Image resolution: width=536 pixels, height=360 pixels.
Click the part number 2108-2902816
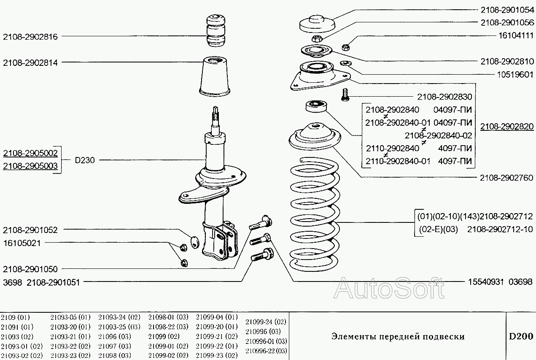[30, 37]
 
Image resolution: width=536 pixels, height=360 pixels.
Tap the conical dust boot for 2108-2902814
[215, 76]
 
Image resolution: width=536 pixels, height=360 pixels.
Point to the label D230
[85, 160]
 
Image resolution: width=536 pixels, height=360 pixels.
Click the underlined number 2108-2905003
[30, 166]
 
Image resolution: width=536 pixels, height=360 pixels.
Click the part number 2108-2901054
[506, 9]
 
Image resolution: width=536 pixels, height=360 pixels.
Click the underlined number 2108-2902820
[506, 127]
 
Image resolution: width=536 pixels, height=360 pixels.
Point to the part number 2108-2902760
[506, 178]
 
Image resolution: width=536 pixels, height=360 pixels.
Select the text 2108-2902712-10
[500, 230]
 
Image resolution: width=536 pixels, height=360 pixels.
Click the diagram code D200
[520, 336]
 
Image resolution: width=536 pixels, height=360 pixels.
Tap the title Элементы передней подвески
[398, 336]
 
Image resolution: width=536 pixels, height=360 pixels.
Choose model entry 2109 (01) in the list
[16, 317]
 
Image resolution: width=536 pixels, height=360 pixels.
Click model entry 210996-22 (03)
[266, 351]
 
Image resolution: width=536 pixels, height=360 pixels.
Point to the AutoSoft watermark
[389, 289]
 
